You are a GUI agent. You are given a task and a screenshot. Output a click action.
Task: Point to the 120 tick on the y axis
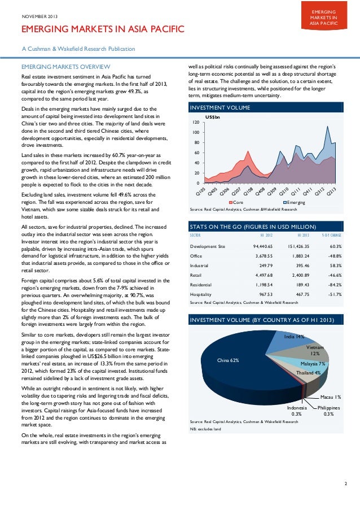tap(195, 123)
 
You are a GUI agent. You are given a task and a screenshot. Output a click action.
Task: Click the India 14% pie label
tap(294, 337)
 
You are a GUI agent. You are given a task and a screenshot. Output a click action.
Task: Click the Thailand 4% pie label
tap(309, 373)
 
